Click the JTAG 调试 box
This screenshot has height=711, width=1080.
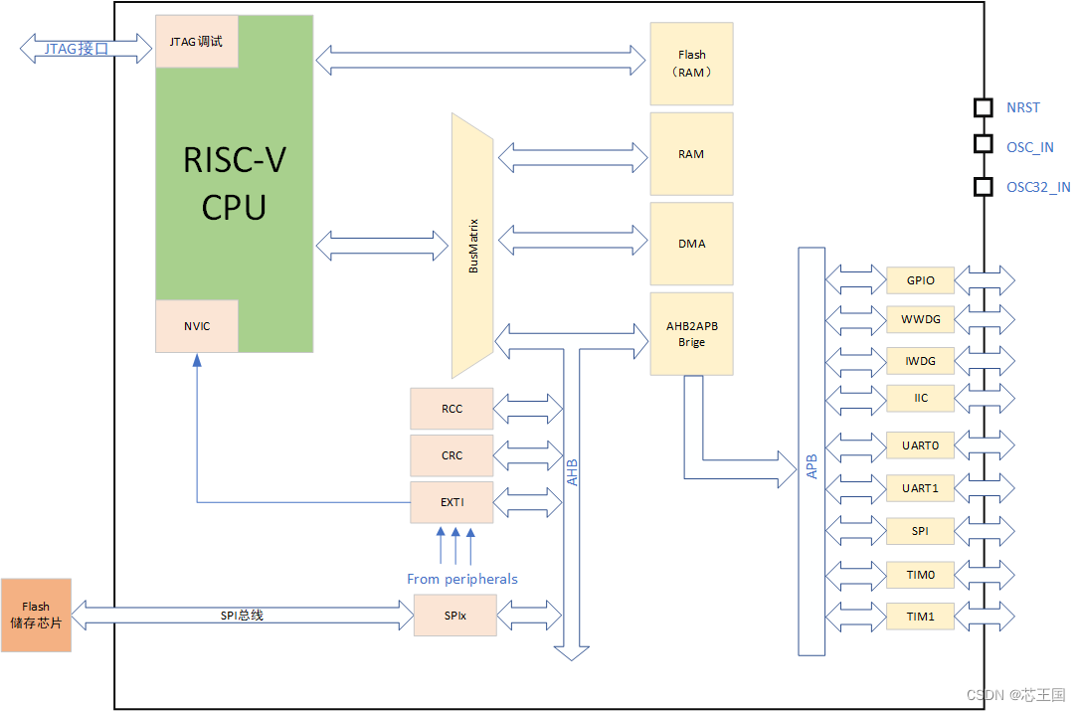197,42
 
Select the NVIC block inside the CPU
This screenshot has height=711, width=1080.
197,326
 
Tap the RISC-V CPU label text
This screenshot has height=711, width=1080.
235,183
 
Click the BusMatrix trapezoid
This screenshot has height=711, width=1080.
472,245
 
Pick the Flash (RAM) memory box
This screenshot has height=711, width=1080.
691,64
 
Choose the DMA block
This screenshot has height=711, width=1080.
691,244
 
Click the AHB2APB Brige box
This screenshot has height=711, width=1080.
691,334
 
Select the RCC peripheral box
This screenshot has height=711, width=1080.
451,409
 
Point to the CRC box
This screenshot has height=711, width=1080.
451,455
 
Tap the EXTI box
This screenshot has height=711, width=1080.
451,502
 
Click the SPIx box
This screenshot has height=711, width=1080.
455,616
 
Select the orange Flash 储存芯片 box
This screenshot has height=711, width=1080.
36,615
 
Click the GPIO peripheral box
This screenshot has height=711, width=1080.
920,280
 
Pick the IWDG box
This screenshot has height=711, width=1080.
920,359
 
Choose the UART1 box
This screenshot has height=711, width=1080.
920,488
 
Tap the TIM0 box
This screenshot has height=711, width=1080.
920,574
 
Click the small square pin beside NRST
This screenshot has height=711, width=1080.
983,106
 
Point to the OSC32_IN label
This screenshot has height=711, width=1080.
1037,187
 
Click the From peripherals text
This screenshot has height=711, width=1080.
461,579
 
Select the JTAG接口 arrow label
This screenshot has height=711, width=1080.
76,48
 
